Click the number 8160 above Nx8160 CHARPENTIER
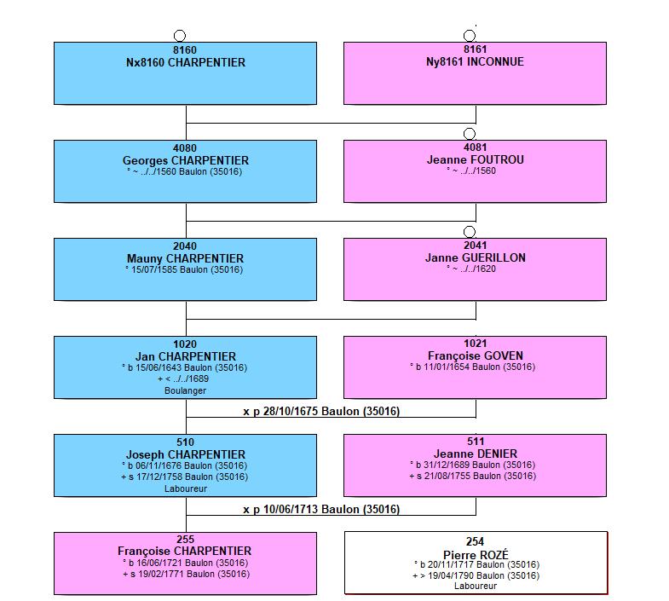coord(185,50)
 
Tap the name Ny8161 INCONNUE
coord(475,62)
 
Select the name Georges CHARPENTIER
coord(186,160)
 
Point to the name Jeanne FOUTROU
coord(476,159)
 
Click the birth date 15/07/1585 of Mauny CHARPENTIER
coord(154,269)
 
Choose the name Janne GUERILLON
coord(476,257)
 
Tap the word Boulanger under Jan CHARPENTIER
coord(185,390)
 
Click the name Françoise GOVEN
coord(476,355)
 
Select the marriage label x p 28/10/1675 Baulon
coord(321,411)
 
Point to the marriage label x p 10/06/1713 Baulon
coord(321,509)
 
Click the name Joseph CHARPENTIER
coord(186,454)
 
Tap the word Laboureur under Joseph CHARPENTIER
coord(186,488)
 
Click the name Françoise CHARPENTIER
coord(185,551)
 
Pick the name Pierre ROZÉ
coord(476,555)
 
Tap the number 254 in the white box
coord(475,541)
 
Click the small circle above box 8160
coord(180,36)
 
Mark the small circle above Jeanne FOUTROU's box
coord(470,134)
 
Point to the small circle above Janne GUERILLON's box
coord(470,232)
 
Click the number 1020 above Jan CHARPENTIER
coord(185,344)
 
